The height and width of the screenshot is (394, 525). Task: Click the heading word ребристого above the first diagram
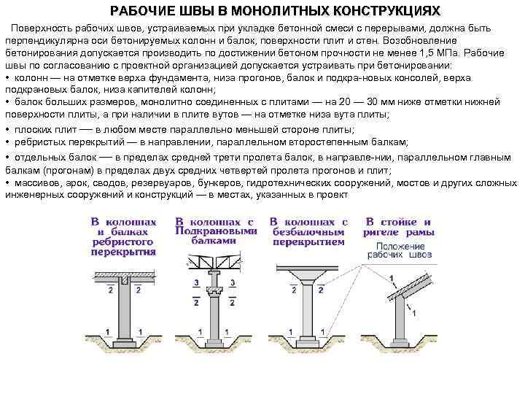(123, 241)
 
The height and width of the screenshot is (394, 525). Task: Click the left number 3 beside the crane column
(196, 282)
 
